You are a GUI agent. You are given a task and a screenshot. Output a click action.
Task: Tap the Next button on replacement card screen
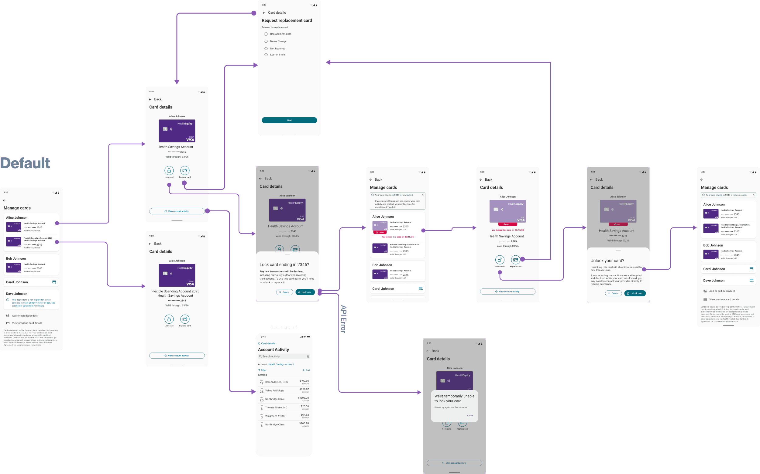coord(289,120)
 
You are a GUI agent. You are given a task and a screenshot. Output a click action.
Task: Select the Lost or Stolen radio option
coord(266,55)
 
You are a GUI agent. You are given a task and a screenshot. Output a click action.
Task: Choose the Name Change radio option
coord(266,41)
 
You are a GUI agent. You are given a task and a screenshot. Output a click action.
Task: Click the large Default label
coord(25,163)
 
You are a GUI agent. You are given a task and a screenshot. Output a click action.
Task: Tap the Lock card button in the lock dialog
coord(304,292)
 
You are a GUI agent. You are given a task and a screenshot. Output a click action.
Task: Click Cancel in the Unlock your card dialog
coord(613,293)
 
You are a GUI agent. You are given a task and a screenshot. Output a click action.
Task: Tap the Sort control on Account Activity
coord(306,370)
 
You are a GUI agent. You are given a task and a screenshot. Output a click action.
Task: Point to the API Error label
coord(343,319)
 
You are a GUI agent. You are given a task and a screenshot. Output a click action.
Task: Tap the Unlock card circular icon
coord(500,260)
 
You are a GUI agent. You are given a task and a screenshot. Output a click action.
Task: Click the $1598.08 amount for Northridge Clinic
coord(303,398)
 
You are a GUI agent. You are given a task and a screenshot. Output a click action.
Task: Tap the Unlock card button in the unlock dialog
coord(635,293)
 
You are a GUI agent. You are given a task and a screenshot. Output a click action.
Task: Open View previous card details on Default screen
coord(27,323)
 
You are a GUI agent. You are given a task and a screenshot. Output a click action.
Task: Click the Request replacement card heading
coord(287,21)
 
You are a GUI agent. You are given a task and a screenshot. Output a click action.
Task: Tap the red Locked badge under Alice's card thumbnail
coord(380,233)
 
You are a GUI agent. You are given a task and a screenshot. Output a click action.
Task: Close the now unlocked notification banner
coord(753,195)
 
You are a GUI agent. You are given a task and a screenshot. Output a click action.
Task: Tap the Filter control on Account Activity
coord(262,370)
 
